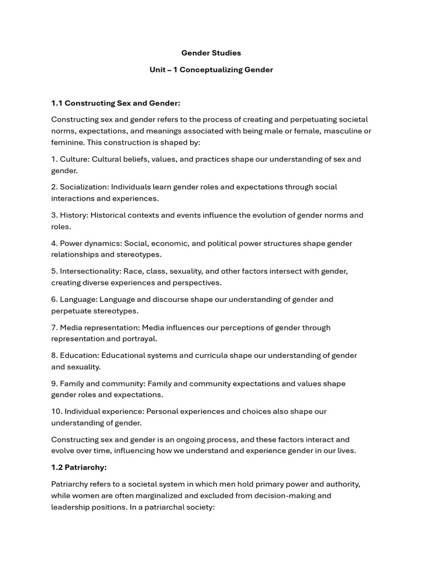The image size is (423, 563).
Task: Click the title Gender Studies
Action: click(x=211, y=53)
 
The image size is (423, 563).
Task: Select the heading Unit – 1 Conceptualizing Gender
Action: click(x=211, y=70)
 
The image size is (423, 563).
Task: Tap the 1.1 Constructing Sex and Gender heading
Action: click(x=116, y=103)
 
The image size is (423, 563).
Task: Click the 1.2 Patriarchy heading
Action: click(x=79, y=467)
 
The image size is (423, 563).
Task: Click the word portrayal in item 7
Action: click(x=142, y=339)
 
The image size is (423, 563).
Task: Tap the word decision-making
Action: click(x=282, y=495)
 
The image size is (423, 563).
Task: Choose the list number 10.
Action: click(x=56, y=411)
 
